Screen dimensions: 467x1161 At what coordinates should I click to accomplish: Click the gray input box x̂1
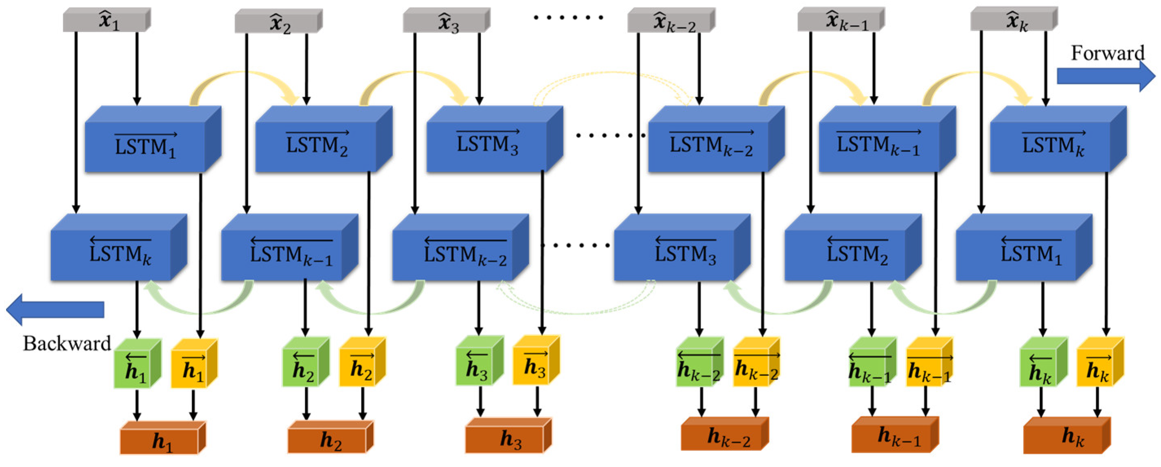[x=105, y=21]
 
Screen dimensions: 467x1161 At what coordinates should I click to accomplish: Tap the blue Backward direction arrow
[x=54, y=309]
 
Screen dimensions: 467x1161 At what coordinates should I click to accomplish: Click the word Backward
[x=67, y=344]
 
